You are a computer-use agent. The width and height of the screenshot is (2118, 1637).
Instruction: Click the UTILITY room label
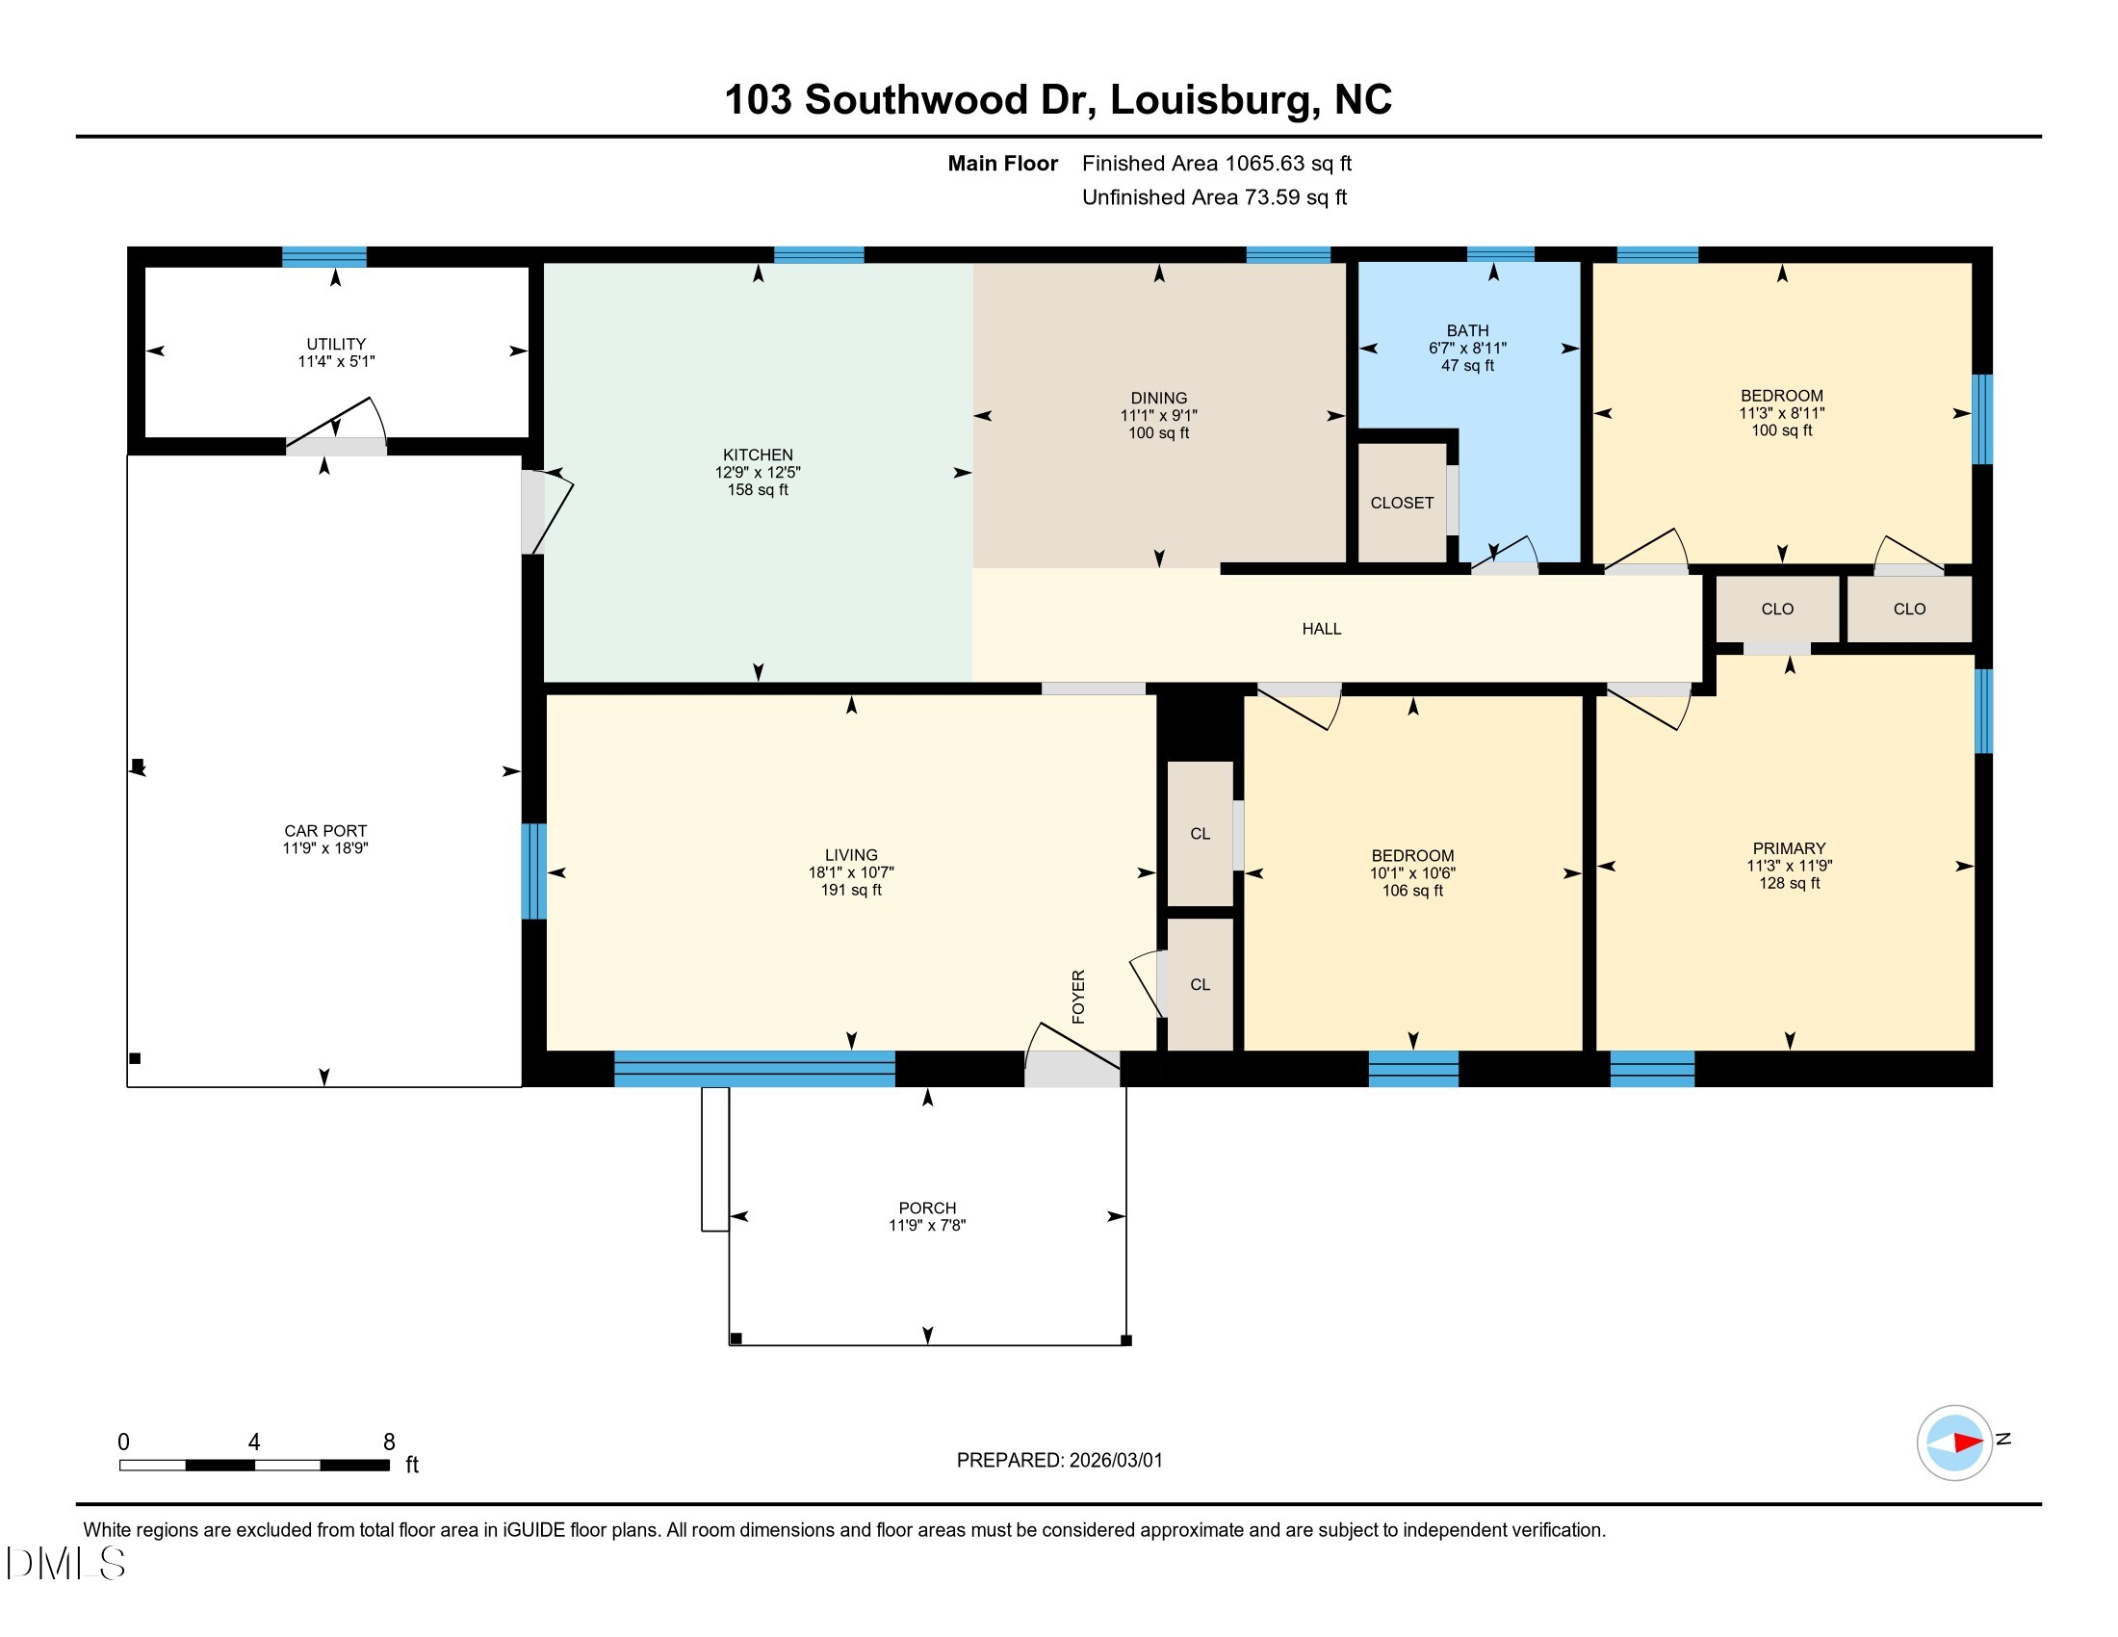click(336, 344)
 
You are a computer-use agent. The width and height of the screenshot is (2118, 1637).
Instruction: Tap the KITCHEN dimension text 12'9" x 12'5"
click(758, 472)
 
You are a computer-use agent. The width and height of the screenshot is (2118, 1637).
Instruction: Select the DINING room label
click(1159, 398)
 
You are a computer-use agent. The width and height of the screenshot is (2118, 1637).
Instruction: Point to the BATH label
click(1467, 330)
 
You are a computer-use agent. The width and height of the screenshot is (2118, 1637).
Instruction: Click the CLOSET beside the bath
click(1402, 503)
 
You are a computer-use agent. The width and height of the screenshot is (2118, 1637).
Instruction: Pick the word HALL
click(1322, 629)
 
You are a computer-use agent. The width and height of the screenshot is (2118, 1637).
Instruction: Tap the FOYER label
click(1078, 996)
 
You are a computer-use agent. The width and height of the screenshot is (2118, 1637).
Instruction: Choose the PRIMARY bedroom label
click(1790, 847)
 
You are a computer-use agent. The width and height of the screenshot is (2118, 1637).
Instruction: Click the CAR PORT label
click(325, 830)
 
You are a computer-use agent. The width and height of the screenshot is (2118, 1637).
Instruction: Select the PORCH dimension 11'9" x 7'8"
click(927, 1225)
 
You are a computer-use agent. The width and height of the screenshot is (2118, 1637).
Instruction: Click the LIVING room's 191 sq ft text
click(851, 890)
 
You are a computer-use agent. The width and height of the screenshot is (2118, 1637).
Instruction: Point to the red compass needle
click(1968, 1442)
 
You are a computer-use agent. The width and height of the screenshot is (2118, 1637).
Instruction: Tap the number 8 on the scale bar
click(389, 1442)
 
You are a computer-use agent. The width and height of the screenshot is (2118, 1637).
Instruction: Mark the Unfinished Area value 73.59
click(1273, 196)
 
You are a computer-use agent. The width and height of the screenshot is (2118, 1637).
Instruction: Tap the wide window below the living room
click(755, 1069)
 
